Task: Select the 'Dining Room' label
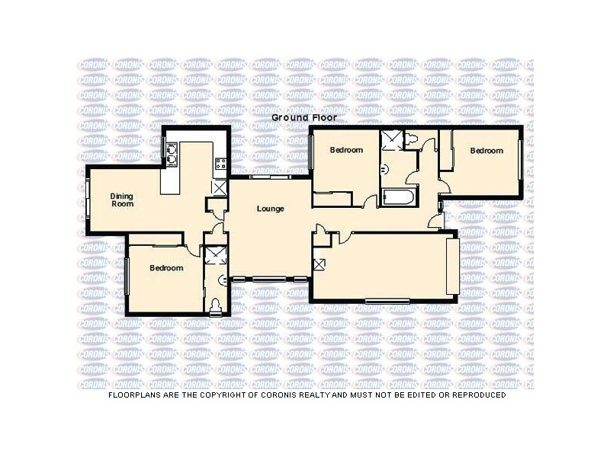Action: pos(122,199)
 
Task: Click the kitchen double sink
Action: pos(172,155)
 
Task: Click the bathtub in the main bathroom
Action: pos(398,199)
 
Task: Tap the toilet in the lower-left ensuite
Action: pos(216,305)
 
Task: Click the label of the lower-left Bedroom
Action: pos(165,268)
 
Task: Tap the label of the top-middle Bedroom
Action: pos(345,151)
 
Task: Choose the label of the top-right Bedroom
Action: pos(486,151)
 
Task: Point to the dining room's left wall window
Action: pos(87,200)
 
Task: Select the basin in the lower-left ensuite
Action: pos(223,280)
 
